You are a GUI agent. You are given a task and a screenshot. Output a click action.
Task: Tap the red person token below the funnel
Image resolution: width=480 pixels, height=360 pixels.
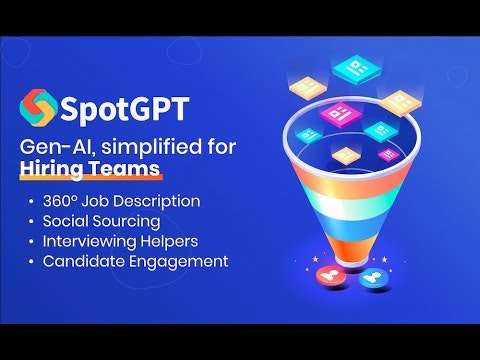pyautogui.click(x=326, y=274)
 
